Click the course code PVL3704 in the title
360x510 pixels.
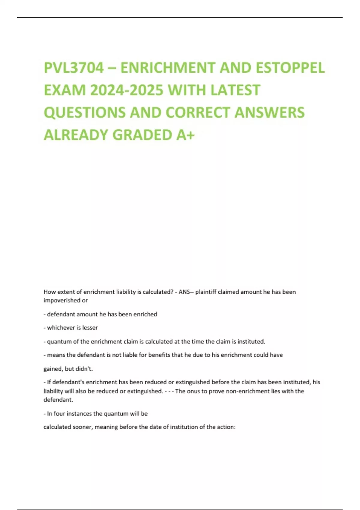click(x=74, y=68)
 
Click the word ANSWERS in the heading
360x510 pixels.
click(x=269, y=112)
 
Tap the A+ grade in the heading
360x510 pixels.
click(x=185, y=135)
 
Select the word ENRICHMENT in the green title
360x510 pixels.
click(x=168, y=68)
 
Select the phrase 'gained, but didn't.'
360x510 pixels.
click(x=68, y=369)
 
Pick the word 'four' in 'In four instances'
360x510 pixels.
click(x=59, y=413)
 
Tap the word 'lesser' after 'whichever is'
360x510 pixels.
click(x=90, y=328)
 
